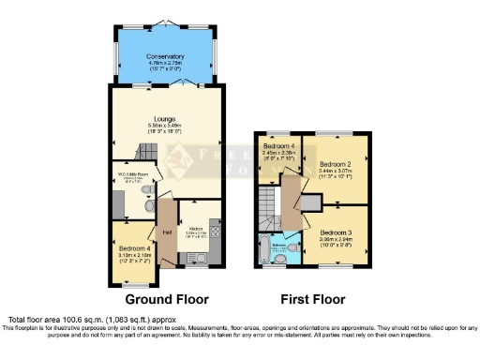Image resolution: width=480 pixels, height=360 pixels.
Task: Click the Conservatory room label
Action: click(x=165, y=56)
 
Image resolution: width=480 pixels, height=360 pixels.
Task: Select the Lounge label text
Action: click(x=165, y=118)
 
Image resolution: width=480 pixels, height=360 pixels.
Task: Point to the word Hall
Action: click(x=167, y=232)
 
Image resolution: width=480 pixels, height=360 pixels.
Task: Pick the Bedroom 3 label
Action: click(x=337, y=231)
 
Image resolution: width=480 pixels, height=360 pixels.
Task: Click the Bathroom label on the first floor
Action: click(x=278, y=245)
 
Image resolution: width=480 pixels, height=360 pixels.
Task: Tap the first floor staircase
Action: click(x=270, y=202)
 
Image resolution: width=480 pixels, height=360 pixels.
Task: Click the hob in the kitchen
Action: click(x=215, y=227)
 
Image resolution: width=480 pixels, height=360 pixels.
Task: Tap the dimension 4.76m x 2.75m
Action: click(x=165, y=64)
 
